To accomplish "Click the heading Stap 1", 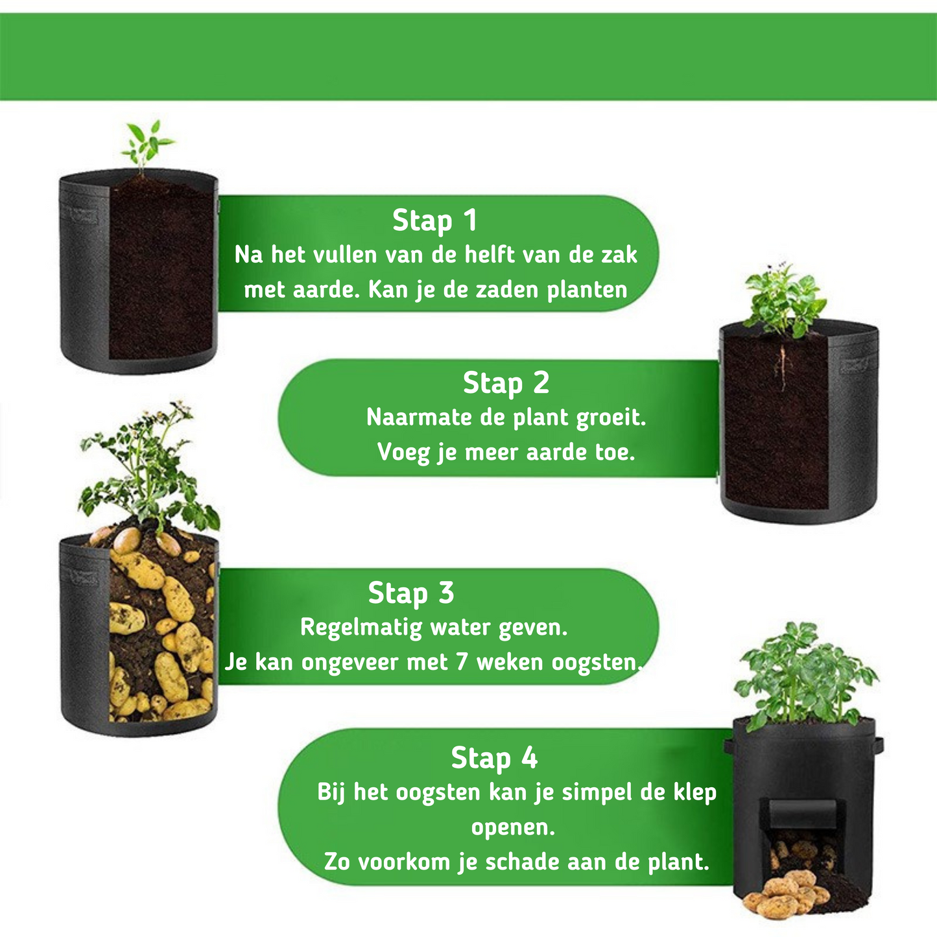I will point(434,220).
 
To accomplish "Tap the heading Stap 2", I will point(506,383).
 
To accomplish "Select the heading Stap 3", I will point(411,593).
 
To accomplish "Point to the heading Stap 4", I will point(494,757).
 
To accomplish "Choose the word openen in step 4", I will point(512,827).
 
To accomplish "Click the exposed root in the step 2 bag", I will point(783,366).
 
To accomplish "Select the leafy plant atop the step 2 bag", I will point(785,298).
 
